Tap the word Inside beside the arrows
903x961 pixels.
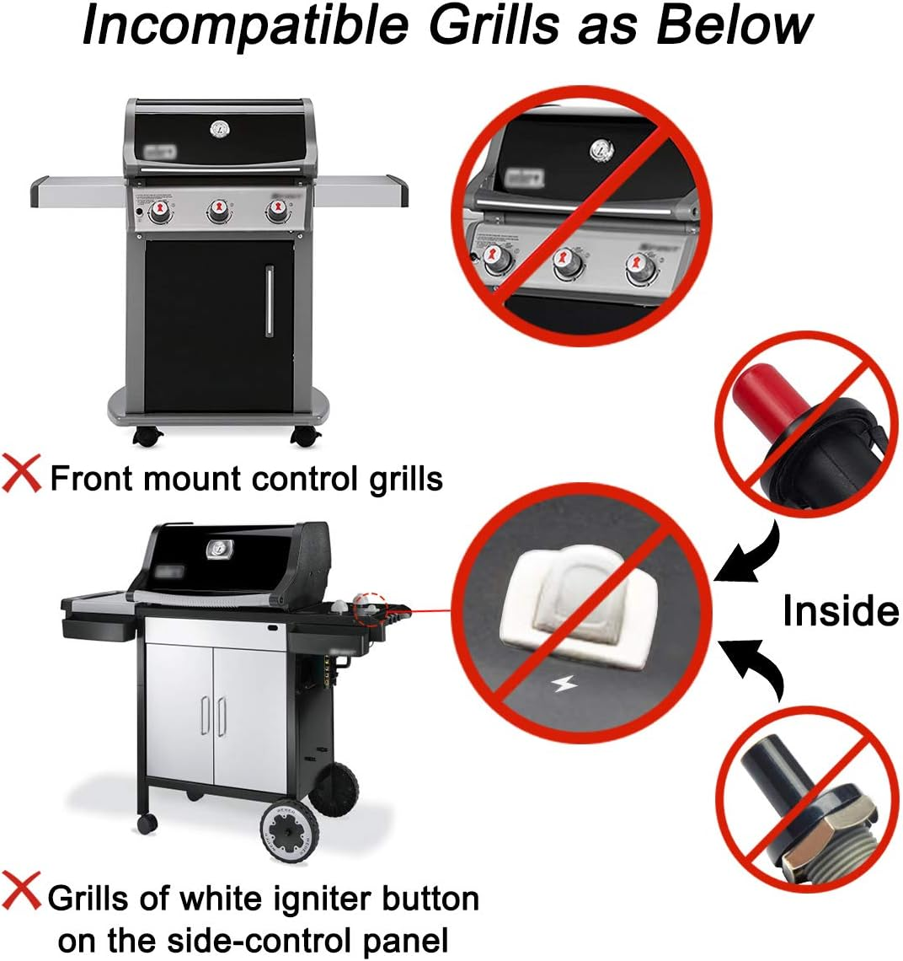tap(840, 610)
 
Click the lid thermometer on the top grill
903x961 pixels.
tap(219, 130)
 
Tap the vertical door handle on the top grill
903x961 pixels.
tap(270, 301)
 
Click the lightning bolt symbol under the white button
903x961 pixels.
tap(563, 684)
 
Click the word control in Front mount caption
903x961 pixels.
tap(305, 478)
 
